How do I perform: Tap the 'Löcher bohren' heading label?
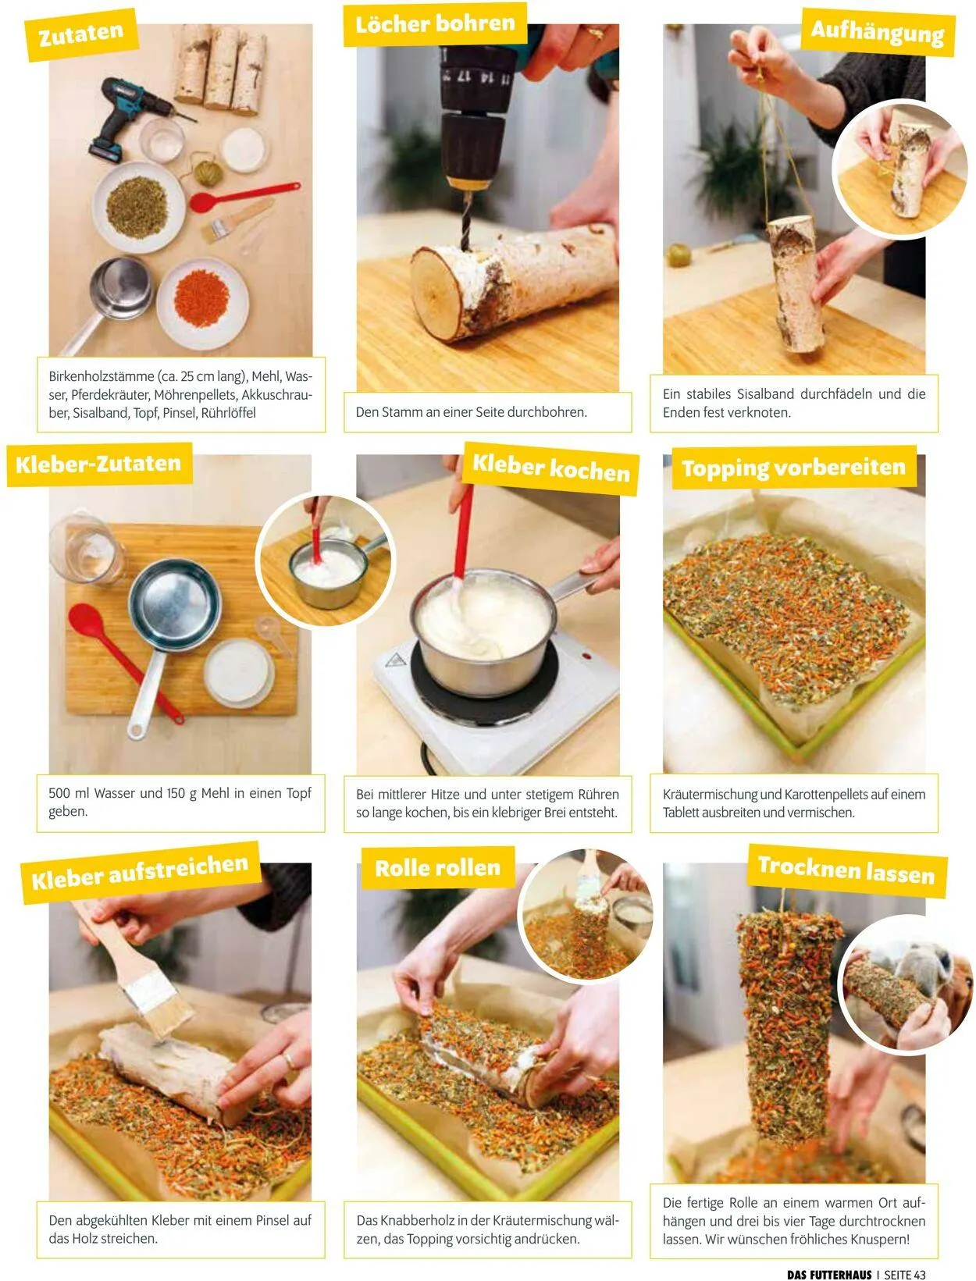pos(436,24)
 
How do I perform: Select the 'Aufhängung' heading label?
pos(878,32)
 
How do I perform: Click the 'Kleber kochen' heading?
pos(551,468)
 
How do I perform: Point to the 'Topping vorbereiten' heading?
pos(794,468)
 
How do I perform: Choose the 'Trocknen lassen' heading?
pos(846,870)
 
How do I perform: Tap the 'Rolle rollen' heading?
pos(438,868)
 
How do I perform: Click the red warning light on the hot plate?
pos(586,656)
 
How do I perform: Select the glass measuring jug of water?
pos(87,548)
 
